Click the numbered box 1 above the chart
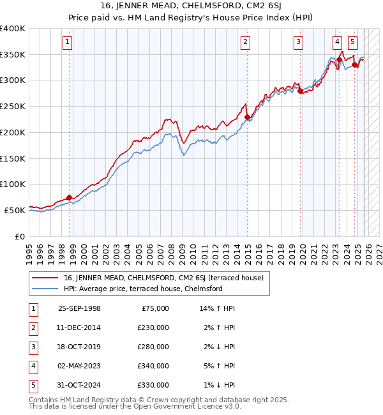tap(68, 43)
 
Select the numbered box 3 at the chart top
tap(298, 43)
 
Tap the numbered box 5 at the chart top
tap(353, 43)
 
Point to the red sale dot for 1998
tap(68, 197)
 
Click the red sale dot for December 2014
tap(246, 117)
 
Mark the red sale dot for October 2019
tap(300, 91)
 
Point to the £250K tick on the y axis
tap(13, 106)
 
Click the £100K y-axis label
tap(13, 184)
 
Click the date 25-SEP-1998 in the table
tap(79, 308)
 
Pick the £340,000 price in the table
tap(154, 366)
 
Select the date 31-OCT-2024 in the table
tap(79, 385)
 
